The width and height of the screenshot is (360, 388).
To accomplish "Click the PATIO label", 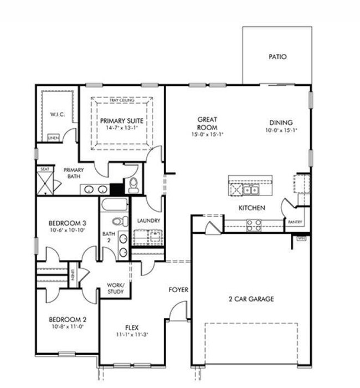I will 277,57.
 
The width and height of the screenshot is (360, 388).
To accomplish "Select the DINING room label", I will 281,122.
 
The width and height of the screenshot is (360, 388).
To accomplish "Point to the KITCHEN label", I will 251,208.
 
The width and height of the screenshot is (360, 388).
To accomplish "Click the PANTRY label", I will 294,222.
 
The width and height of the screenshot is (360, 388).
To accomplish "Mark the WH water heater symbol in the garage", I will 301,238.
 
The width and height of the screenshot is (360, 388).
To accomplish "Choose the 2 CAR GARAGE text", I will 251,299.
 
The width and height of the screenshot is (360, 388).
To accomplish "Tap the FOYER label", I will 178,290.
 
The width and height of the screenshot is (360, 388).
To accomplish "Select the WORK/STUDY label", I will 115,289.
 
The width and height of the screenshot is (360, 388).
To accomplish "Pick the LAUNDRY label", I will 148,221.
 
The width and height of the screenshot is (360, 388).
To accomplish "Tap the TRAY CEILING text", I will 122,100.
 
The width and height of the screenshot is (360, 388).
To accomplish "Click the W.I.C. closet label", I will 58,115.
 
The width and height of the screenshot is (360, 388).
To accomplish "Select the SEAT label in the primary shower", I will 44,169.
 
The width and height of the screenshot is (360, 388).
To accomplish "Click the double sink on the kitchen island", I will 250,190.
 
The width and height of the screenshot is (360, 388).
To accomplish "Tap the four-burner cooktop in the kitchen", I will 254,224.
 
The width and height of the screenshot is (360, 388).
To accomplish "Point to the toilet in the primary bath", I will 133,186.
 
